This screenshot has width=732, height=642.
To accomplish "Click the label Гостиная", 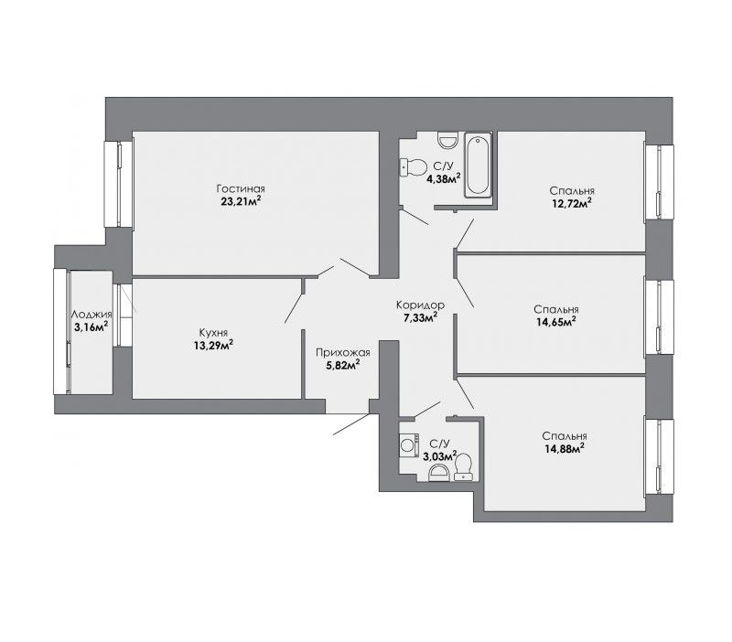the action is (241, 189).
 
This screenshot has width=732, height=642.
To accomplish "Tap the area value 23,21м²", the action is (241, 201).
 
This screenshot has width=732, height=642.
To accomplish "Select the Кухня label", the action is (213, 333).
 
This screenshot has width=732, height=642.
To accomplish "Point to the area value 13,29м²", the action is (213, 345).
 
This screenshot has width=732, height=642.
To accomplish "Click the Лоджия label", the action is (91, 315).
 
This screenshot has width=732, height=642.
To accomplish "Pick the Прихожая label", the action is (342, 353).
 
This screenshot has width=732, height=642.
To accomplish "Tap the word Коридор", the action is (420, 305).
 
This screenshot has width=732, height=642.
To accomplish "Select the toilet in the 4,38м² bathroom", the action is (414, 167).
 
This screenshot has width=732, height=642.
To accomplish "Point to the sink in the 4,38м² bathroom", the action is (447, 140).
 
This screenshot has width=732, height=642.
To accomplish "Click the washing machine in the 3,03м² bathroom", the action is (409, 444).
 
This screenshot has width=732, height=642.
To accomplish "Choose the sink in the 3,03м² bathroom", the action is (439, 474).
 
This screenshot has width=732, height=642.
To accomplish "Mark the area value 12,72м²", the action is (571, 203).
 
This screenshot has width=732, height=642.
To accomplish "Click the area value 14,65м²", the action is (556, 322).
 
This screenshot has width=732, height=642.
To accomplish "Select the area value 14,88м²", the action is (565, 448).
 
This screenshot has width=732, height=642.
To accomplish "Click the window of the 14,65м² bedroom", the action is (659, 317).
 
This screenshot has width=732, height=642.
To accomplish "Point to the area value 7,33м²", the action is (420, 317).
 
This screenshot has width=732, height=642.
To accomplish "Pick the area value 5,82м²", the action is (342, 364).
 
